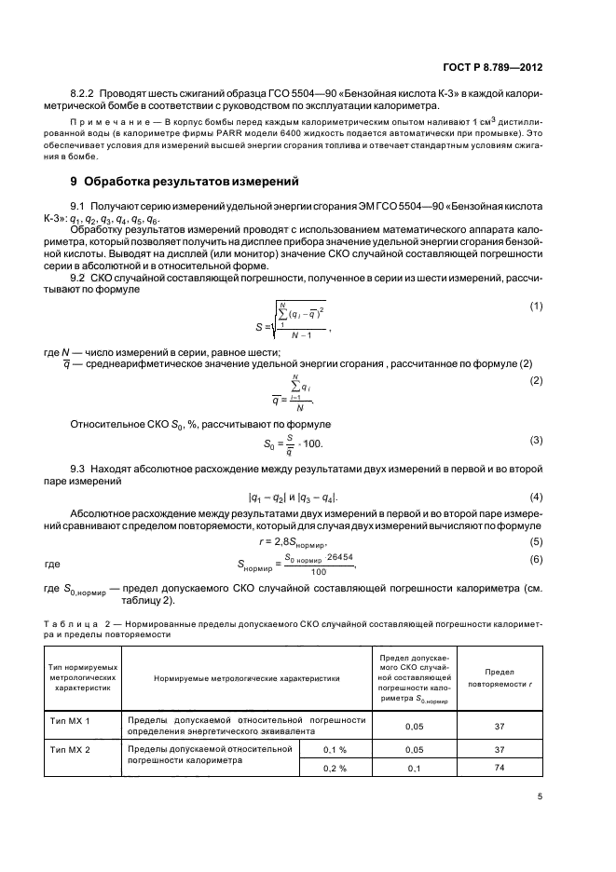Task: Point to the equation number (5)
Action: [536, 540]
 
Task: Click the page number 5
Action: [540, 795]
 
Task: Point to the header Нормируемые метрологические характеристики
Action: [247, 682]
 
